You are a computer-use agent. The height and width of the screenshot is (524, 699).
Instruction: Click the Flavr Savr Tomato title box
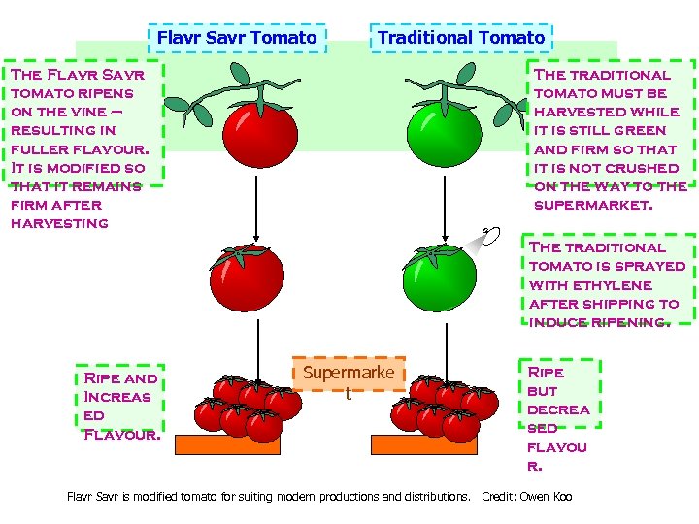237,38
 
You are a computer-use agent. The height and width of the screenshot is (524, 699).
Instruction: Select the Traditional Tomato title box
460,38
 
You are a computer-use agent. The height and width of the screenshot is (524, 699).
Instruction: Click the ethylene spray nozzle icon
489,236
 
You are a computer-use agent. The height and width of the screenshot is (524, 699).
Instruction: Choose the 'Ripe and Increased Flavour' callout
121,406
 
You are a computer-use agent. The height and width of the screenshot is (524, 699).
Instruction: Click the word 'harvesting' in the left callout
59,223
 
